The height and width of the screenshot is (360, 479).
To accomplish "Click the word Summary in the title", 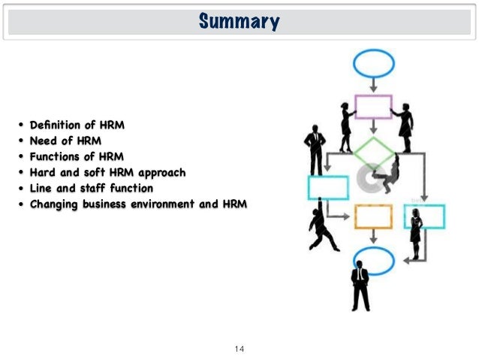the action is click(239, 22).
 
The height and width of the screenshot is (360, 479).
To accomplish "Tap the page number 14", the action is click(239, 348).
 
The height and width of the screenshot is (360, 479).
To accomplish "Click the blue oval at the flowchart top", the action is click(373, 65).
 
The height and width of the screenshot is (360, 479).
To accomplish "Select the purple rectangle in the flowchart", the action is click(372, 107).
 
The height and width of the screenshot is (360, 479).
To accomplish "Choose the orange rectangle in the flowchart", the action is click(373, 216).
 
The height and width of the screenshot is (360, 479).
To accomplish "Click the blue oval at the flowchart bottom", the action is click(372, 261).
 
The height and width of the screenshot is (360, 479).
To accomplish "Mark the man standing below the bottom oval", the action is click(360, 286).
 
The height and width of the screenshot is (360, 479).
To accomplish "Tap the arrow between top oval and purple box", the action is click(373, 86).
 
